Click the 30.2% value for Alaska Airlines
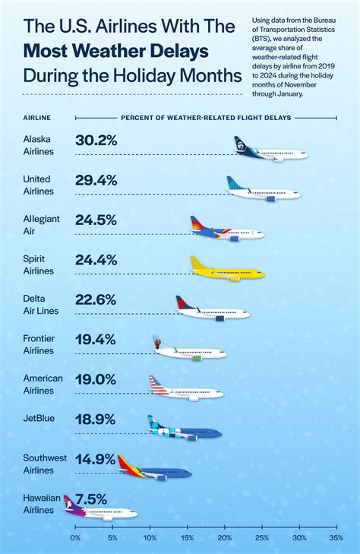96,141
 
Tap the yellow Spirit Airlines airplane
228,270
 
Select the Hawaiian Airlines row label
39,503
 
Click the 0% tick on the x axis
75,537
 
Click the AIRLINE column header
39,118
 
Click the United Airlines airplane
264,190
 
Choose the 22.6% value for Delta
96,299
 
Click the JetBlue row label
38,419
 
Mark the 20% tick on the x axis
225,537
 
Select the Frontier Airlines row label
39,344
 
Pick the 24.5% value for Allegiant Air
96,220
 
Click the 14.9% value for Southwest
96,458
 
